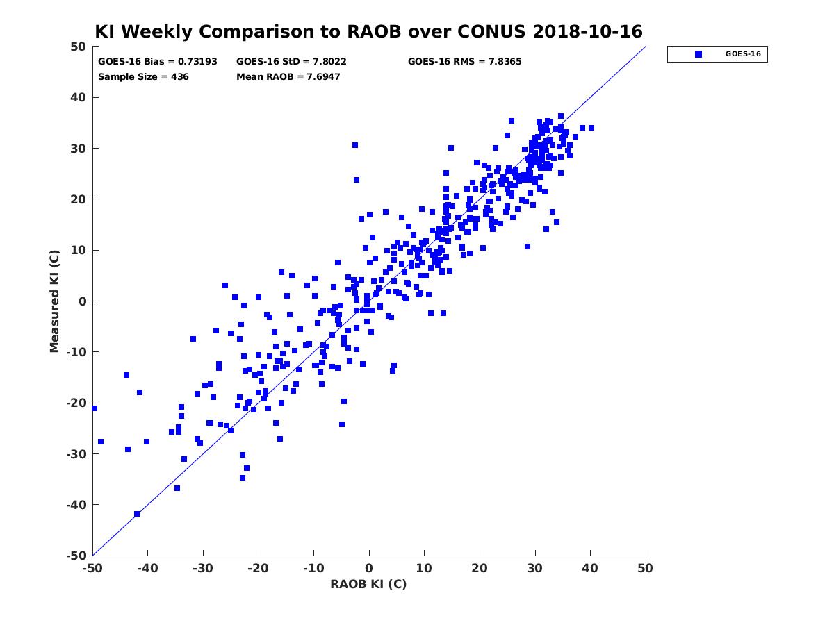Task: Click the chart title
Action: pyautogui.click(x=368, y=31)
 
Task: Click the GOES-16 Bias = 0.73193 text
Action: pyautogui.click(x=157, y=62)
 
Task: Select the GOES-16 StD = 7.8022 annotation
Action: pyautogui.click(x=291, y=62)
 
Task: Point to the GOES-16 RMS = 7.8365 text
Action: pyautogui.click(x=464, y=62)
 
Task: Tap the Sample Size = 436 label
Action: pyautogui.click(x=143, y=76)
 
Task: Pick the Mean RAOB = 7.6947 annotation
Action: pyautogui.click(x=288, y=76)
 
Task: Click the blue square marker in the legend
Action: pyautogui.click(x=698, y=54)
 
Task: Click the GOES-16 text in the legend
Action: pyautogui.click(x=743, y=54)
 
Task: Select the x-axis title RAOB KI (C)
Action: pyautogui.click(x=368, y=584)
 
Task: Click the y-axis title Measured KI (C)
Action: pyautogui.click(x=54, y=301)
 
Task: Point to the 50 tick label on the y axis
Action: pyautogui.click(x=79, y=47)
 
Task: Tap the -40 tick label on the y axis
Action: pyautogui.click(x=76, y=505)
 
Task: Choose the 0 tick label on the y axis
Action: pyautogui.click(x=83, y=301)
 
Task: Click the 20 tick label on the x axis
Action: pyautogui.click(x=479, y=568)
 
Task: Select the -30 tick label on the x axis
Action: pyautogui.click(x=203, y=568)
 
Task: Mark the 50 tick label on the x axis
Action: pyautogui.click(x=645, y=568)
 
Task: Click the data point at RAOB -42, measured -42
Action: pyautogui.click(x=137, y=514)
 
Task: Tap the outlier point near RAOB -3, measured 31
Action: pyautogui.click(x=355, y=145)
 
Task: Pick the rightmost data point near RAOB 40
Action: pyautogui.click(x=591, y=128)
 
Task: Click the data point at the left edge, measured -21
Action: pyautogui.click(x=95, y=408)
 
